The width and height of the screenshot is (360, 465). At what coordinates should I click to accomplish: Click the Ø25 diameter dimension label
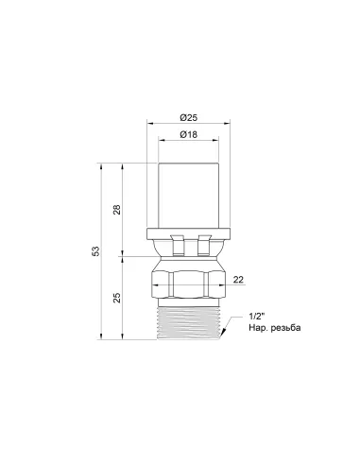[188, 118]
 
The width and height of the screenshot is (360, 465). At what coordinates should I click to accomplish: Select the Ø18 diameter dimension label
[188, 134]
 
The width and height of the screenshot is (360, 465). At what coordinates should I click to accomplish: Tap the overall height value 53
[96, 250]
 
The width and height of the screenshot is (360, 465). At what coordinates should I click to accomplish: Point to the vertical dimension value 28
[117, 210]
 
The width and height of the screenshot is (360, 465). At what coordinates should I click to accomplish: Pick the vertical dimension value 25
[117, 298]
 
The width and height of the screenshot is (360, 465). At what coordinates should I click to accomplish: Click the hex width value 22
[238, 280]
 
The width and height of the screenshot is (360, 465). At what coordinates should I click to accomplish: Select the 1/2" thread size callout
[257, 316]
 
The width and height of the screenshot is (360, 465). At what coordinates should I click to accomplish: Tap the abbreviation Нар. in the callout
[258, 328]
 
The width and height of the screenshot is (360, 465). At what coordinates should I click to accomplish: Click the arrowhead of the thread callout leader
[224, 333]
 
